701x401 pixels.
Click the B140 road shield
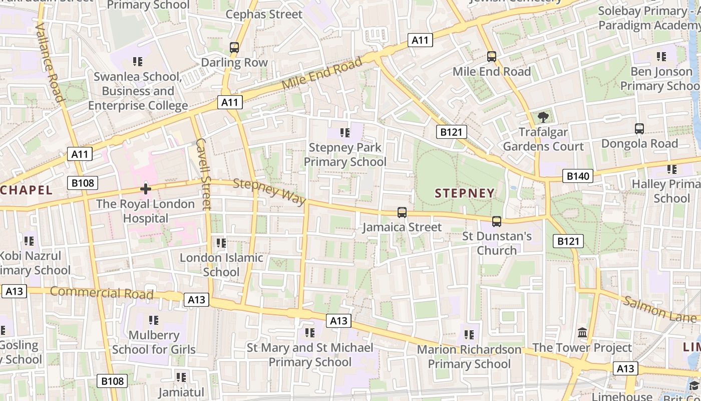coord(577,176)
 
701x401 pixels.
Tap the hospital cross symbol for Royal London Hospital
coord(146,189)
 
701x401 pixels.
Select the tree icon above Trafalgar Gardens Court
coord(543,117)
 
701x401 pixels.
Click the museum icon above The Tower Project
coord(582,333)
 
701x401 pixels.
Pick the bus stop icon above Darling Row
coord(234,48)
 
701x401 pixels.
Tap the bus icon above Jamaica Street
coord(402,213)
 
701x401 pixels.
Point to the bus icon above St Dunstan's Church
coord(497,221)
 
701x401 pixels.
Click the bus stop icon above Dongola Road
coord(639,129)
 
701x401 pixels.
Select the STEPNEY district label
coord(464,193)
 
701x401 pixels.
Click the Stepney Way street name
coord(269,191)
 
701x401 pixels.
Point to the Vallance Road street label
coord(50,62)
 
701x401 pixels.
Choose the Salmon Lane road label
coord(659,309)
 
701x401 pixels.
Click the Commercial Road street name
coord(102,293)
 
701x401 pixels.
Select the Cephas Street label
coord(264,15)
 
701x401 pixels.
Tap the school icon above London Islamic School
coord(221,243)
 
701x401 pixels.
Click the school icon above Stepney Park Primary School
coord(344,133)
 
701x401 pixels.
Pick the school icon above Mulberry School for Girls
coord(154,320)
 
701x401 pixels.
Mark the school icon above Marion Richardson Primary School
coord(469,334)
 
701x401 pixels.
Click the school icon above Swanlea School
coord(138,62)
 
